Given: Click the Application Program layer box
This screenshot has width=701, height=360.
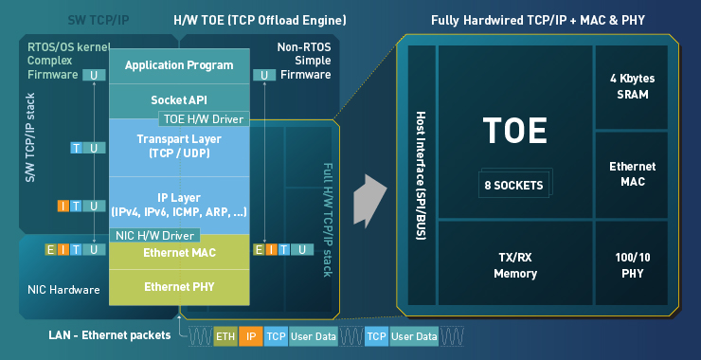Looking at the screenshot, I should coord(179,65).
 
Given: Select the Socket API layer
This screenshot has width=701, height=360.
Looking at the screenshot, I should coord(179,99).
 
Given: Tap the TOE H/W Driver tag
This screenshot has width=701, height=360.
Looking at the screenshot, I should coord(204,119).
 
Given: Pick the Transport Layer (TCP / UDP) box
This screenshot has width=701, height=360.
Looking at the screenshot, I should coord(179,146).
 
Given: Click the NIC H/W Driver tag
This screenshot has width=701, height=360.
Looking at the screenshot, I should coord(154,235).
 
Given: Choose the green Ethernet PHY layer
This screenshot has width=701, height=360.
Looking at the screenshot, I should coord(179,287).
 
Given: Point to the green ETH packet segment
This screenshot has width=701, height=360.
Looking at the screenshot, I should coord(225,336).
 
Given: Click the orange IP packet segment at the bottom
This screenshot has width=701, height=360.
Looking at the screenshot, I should coord(250,336).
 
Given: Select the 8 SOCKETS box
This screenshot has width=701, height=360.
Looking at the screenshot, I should coord(514,185).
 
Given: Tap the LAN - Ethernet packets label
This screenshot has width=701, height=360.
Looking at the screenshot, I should coord(110,335).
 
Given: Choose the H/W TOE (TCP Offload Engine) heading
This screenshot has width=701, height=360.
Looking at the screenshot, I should coord(260,20).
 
